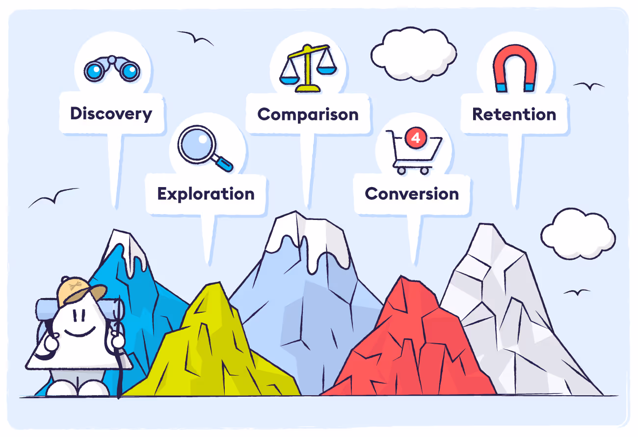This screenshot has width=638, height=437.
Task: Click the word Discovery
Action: tap(111, 114)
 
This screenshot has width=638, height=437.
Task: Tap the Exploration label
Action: tap(206, 194)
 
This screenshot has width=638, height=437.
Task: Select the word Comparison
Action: tap(308, 114)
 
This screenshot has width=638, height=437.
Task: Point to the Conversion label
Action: tap(412, 194)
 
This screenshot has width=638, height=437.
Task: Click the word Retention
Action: tap(514, 114)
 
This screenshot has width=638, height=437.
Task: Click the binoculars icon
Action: tap(112, 69)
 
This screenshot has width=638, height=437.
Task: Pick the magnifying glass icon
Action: tap(205, 148)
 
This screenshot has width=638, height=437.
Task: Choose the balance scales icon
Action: tap(308, 68)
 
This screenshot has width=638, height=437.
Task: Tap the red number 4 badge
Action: tap(416, 138)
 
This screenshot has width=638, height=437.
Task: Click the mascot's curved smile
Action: tap(80, 332)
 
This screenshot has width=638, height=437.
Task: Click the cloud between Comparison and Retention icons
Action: tap(414, 54)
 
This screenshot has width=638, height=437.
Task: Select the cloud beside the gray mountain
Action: tap(578, 234)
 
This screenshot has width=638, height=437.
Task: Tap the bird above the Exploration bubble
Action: tap(195, 37)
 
